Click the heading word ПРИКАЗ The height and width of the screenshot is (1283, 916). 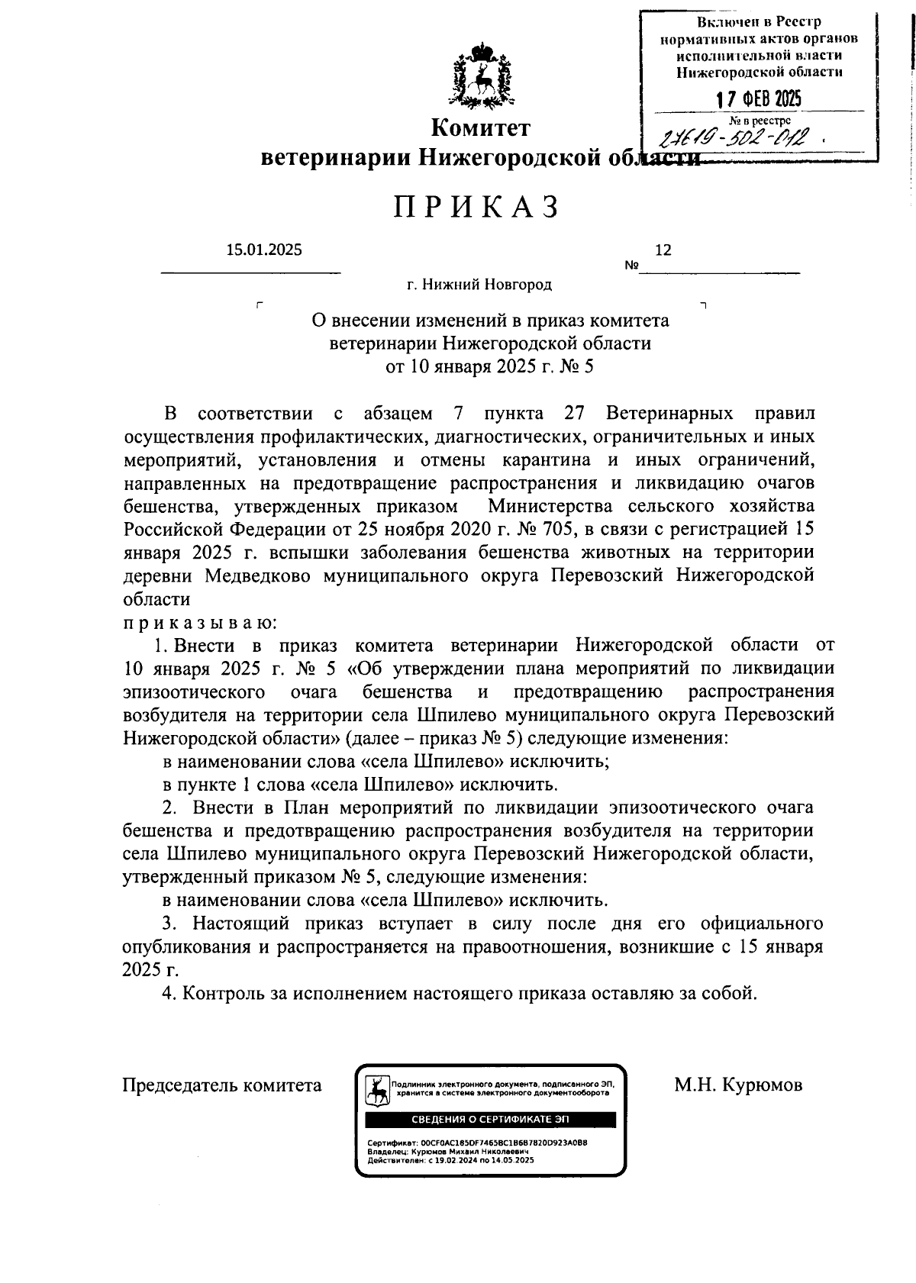point(478,207)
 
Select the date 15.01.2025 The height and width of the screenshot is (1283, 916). point(264,250)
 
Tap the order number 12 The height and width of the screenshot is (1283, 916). point(663,250)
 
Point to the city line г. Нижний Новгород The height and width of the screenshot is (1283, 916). point(479,285)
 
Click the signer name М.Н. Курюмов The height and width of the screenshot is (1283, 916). point(738,1085)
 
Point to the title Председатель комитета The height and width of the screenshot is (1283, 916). point(222,1085)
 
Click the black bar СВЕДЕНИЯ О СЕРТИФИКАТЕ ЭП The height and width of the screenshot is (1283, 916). point(490,1120)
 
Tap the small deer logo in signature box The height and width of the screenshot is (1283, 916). point(376,1089)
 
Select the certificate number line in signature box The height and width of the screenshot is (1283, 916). point(477,1143)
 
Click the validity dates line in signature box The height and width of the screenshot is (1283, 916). point(450,1159)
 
